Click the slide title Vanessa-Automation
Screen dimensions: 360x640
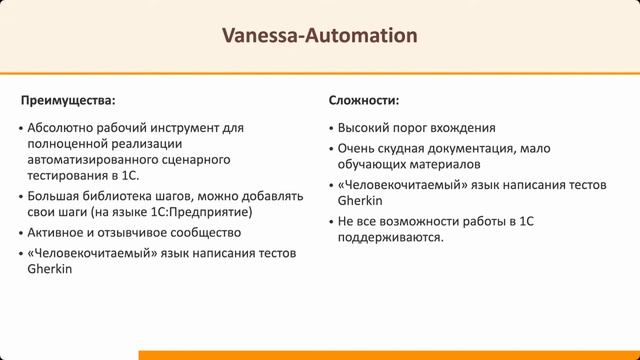[320, 37]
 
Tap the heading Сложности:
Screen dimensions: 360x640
[364, 101]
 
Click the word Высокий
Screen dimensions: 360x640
[363, 128]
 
